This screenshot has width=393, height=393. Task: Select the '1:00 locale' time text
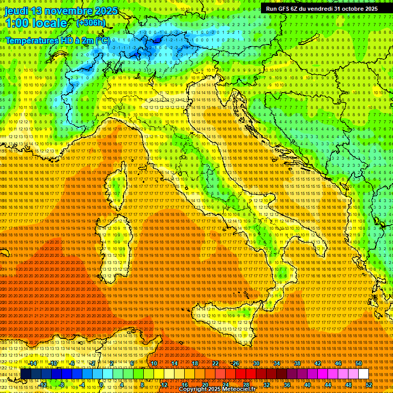(36, 23)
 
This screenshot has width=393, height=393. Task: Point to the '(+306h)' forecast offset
(91, 23)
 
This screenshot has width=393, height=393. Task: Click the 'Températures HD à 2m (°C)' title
(57, 40)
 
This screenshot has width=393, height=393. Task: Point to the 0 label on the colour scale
(101, 384)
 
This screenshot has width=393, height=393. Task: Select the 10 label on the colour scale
(154, 363)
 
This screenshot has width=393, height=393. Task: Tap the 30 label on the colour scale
(256, 363)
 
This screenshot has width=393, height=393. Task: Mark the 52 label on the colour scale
(369, 384)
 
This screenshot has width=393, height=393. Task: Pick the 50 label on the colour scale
(359, 363)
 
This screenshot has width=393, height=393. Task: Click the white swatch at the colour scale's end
(363, 374)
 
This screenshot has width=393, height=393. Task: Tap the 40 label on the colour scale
(308, 384)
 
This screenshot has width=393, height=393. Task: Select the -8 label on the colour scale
(62, 384)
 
